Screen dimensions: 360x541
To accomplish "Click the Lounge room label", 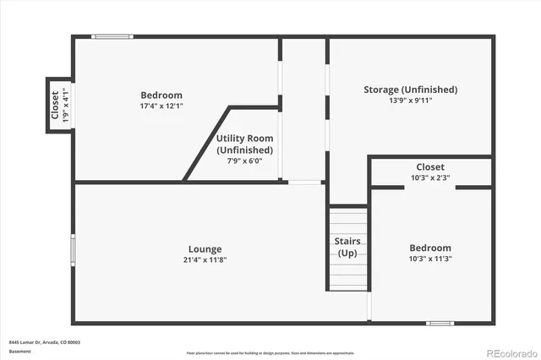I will pos(205,249).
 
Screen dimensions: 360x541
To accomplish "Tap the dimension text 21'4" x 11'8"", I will pos(205,259).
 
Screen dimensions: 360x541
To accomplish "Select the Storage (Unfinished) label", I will pos(411,90).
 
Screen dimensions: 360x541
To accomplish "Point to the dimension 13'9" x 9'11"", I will pos(411,101).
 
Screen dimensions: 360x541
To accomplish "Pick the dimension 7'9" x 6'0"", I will pos(244,161).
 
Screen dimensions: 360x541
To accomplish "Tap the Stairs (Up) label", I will pos(347,248).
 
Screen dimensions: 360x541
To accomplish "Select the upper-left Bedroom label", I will pos(161,95).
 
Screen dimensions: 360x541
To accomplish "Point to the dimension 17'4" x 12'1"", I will pos(161,106).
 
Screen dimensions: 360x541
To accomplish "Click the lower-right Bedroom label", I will pos(430,248).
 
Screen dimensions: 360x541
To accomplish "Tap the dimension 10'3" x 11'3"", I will pos(430,259).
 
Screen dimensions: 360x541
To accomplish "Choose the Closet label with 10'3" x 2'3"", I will pos(430,167).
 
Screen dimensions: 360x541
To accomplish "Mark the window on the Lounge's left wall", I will pos(74,248).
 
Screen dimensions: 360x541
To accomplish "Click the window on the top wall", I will pos(112,35).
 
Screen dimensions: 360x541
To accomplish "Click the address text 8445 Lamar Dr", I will pos(32,342).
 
